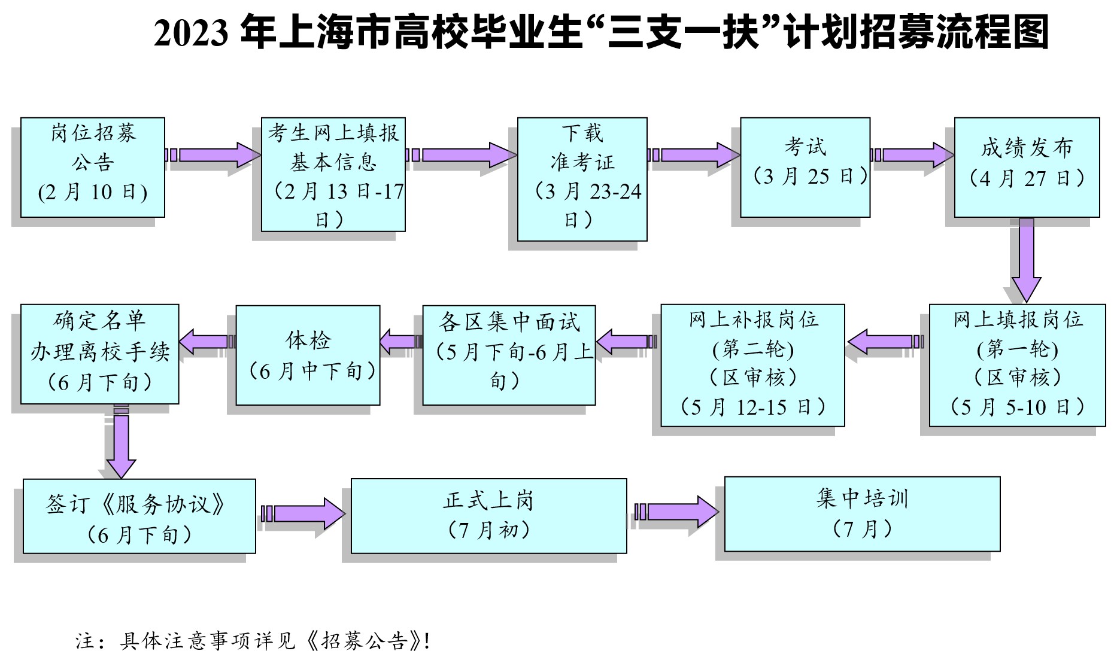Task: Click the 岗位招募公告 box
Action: coord(93,167)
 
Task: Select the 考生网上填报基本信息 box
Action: coord(333,174)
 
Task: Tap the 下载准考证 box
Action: coord(582,179)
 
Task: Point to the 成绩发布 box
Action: coord(1027,167)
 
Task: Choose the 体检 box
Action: coord(308,355)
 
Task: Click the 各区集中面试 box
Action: coord(509,355)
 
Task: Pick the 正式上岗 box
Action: coord(488,515)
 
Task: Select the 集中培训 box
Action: coord(862,513)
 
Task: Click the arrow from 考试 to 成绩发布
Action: coord(913,155)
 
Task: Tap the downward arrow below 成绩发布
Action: coord(1026,258)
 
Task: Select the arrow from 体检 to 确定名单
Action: coord(208,342)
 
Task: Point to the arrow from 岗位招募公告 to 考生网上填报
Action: coord(214,155)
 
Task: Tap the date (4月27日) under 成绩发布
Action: coord(1027,178)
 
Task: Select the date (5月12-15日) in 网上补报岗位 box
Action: coord(753,407)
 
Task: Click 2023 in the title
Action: coord(191,33)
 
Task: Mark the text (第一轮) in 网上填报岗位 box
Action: coord(1017,349)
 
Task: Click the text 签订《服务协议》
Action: coord(136,504)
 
